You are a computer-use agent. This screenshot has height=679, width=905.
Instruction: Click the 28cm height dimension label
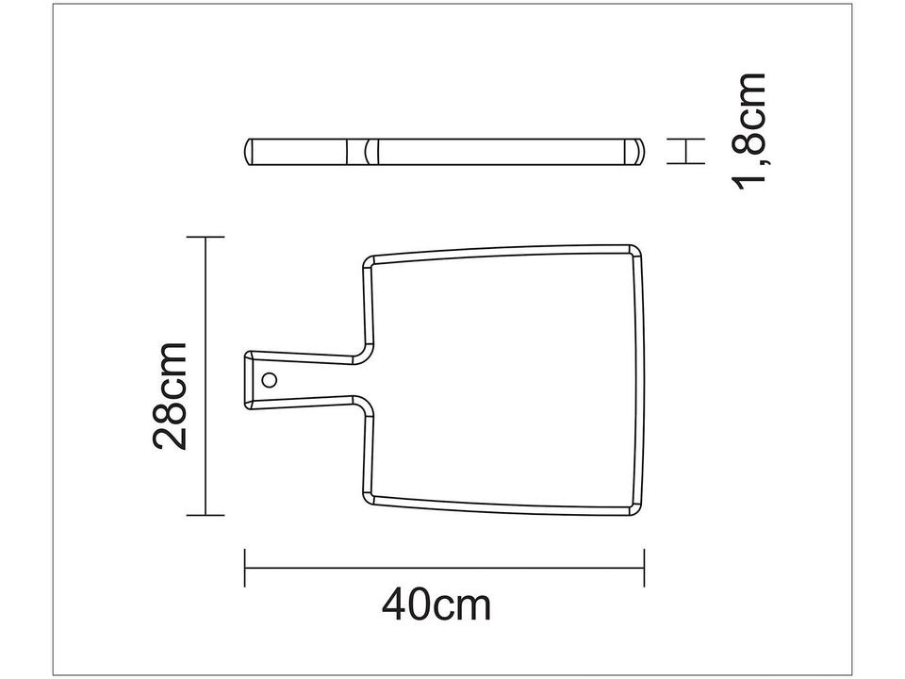pos(173,396)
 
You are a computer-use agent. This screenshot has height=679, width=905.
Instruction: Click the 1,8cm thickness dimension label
pos(754,132)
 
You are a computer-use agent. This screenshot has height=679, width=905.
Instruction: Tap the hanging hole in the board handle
pos(270,380)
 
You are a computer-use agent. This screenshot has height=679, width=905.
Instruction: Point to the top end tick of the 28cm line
pos(206,238)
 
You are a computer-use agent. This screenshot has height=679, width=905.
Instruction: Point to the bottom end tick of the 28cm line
pos(206,515)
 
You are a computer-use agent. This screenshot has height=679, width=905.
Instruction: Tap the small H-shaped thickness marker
pos(686,151)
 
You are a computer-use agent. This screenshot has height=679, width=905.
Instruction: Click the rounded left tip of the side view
pos(251,152)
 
